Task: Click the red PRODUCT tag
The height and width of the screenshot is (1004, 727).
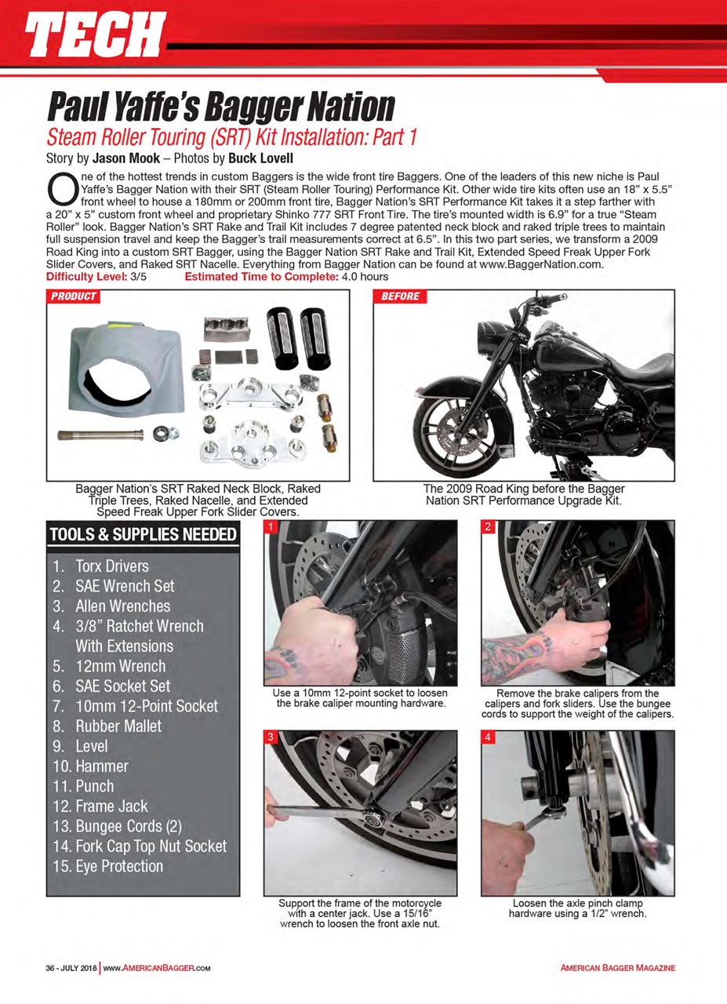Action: click(74, 296)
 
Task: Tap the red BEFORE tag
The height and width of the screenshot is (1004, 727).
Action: click(400, 296)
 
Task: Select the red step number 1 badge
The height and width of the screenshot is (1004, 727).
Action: click(269, 527)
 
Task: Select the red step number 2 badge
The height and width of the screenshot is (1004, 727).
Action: click(487, 527)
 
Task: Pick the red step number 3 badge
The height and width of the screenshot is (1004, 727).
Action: click(269, 737)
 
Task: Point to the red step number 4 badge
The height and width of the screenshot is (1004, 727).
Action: click(487, 737)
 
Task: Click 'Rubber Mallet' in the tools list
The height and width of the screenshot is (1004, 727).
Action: click(118, 726)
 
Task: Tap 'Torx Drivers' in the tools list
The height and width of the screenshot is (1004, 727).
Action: click(111, 566)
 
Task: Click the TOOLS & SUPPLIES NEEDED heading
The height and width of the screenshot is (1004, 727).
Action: click(143, 535)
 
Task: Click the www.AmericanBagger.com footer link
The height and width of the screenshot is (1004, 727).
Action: click(158, 968)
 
